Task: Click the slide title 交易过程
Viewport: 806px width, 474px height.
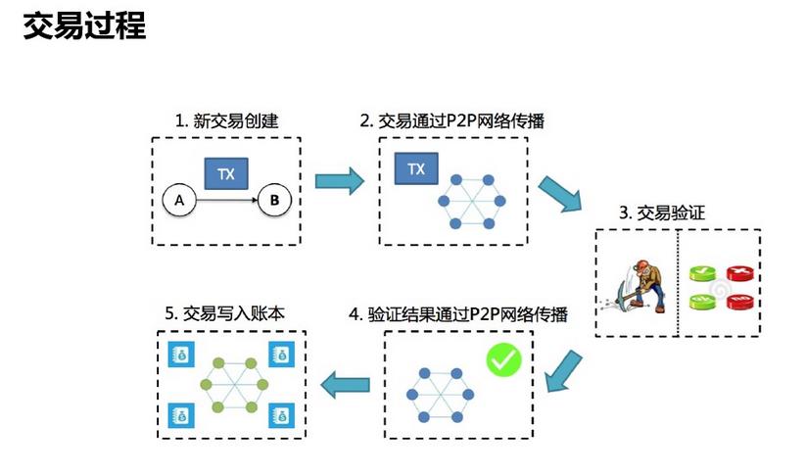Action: [84, 25]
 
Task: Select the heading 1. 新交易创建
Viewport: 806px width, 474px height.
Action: [226, 121]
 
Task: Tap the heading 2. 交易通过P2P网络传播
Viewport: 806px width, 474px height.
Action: [452, 121]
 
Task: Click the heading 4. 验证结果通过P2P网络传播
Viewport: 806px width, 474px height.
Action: [458, 314]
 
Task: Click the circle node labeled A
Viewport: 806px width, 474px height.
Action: [178, 201]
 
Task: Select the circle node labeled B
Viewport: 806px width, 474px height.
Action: [274, 201]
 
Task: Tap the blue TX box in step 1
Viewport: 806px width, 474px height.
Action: [226, 174]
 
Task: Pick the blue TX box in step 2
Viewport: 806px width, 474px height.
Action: [416, 168]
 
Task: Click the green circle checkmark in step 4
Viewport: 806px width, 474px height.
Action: [504, 360]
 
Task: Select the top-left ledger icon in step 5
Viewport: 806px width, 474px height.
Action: [182, 355]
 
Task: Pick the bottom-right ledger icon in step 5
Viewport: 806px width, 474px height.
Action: [282, 413]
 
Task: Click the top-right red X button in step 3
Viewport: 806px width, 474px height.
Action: [742, 272]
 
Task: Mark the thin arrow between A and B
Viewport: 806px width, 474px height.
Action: [226, 201]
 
